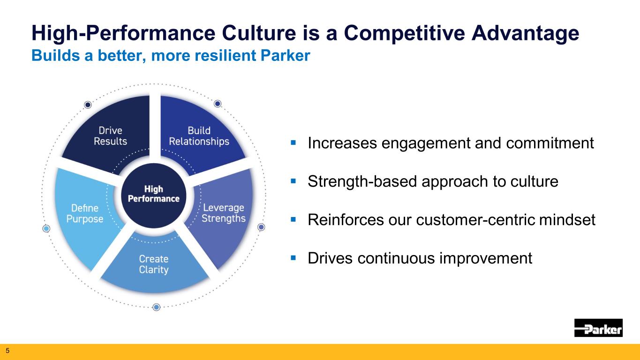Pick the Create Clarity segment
coord(154,264)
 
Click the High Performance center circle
coord(154,196)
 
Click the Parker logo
coord(598,328)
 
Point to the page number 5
coord(8,351)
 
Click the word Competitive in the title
coord(404,33)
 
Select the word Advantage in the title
coord(525,33)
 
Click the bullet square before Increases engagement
coord(293,142)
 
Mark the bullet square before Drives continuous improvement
coord(293,258)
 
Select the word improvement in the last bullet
coord(486,259)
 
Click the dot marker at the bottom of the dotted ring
coord(156,307)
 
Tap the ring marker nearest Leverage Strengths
coord(261,227)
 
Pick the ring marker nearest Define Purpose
coord(46,229)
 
